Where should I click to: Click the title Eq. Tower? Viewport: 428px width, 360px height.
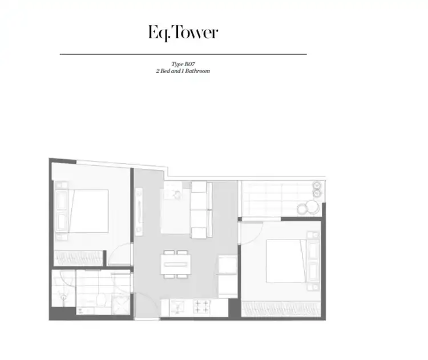coord(182,33)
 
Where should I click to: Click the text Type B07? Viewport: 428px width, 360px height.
coord(183,65)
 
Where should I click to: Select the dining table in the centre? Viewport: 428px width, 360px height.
coord(175,264)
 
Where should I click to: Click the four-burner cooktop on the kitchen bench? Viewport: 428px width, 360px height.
coord(201,306)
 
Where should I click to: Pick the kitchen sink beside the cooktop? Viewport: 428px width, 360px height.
coord(172,306)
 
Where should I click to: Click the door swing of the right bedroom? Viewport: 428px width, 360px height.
coord(249,230)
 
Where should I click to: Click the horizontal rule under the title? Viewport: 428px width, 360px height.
coord(183,54)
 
